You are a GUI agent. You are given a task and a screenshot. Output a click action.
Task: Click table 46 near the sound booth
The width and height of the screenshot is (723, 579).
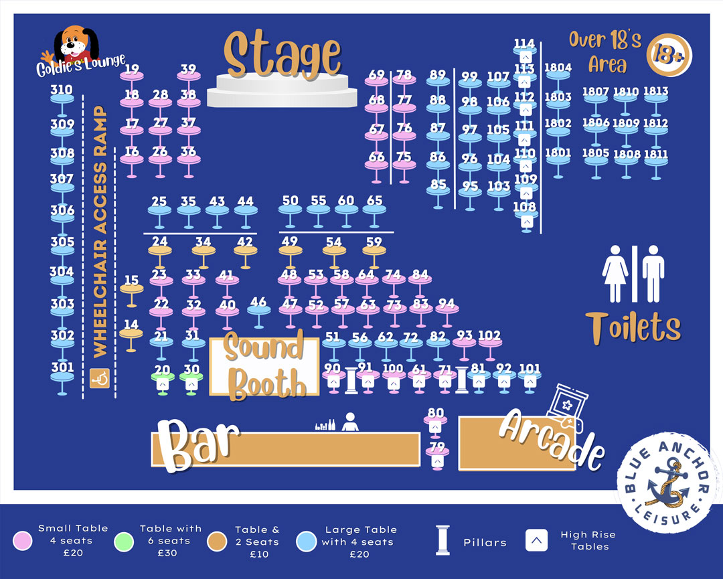258,309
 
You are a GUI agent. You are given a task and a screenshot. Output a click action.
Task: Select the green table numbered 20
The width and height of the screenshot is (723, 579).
162,377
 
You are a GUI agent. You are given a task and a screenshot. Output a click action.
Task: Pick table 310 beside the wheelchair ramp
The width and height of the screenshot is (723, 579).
62,97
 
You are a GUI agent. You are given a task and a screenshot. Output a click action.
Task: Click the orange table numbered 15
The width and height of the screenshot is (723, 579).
132,288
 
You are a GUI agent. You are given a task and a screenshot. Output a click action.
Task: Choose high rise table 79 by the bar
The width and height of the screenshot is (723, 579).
436,456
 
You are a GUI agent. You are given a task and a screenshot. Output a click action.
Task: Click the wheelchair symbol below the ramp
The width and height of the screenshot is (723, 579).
100,379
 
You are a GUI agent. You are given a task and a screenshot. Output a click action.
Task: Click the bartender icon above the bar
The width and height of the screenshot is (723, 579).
349,422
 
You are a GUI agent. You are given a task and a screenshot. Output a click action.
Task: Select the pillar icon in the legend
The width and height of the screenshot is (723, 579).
441,541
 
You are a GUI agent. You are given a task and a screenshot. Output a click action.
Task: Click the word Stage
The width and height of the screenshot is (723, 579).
283,55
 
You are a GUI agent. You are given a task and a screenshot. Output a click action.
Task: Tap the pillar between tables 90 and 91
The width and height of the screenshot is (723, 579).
351,380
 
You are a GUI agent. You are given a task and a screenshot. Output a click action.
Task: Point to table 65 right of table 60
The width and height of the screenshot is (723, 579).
375,208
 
